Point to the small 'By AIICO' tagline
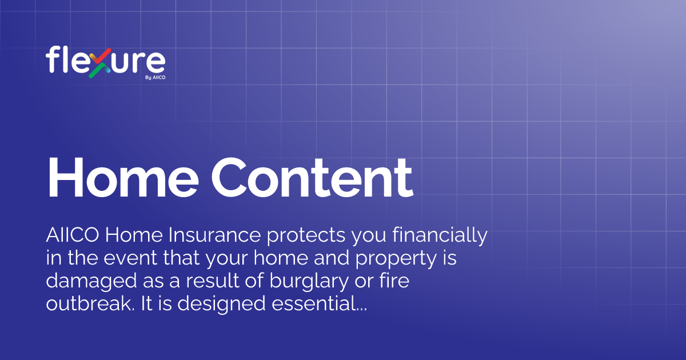click(155, 77)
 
